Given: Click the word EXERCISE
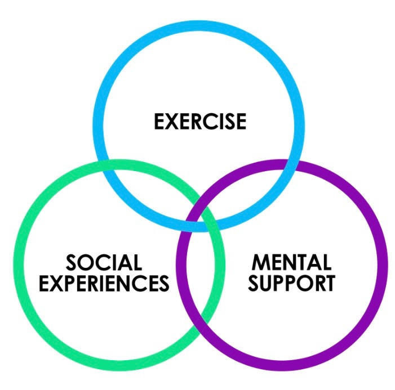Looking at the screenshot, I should tap(200, 122).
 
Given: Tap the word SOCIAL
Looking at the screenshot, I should tap(104, 263).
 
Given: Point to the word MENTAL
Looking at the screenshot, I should tap(291, 263).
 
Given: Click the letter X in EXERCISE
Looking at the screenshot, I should tap(172, 122).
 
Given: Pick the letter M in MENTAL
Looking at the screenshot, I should tap(261, 263).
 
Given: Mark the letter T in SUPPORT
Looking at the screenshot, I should tap(327, 283).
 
